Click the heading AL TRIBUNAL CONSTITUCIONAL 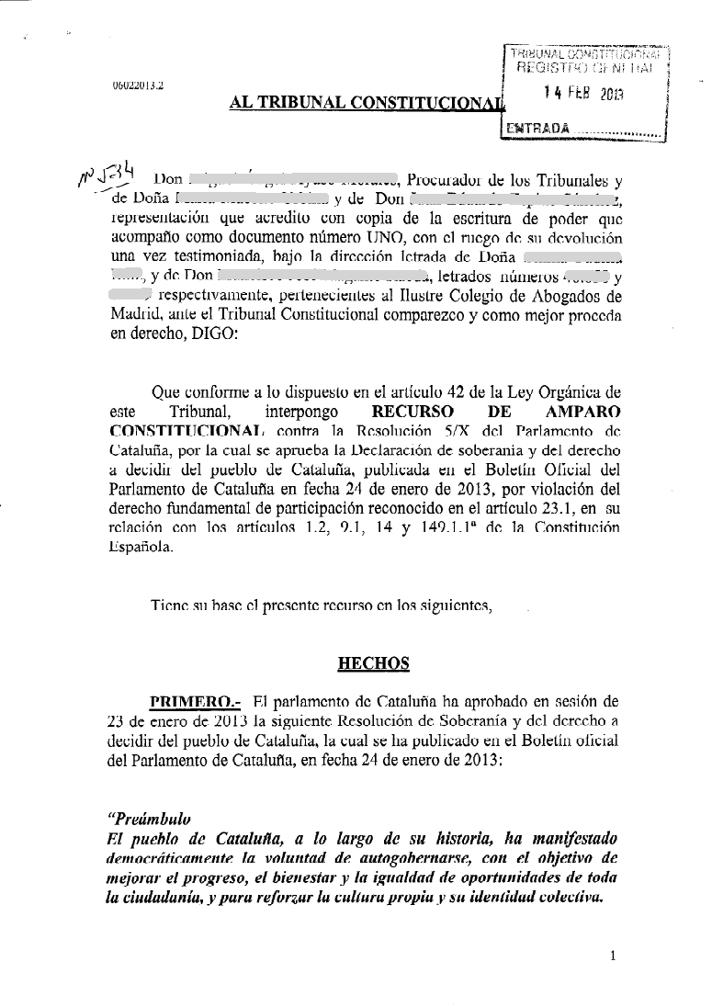click(x=367, y=104)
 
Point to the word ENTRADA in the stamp click(x=531, y=130)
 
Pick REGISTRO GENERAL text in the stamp click(x=586, y=67)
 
